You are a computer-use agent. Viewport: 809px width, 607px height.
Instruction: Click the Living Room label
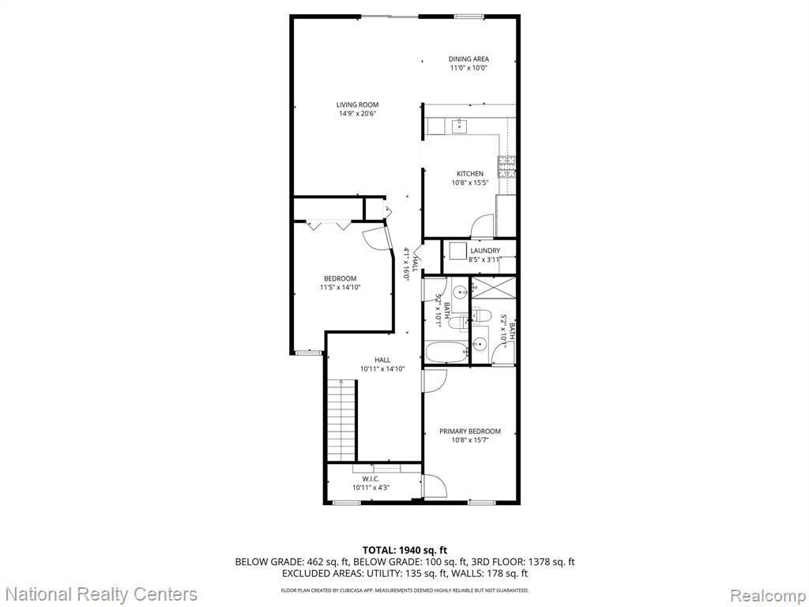coord(357,105)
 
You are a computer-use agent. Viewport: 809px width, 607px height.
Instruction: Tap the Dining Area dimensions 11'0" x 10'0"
coord(468,68)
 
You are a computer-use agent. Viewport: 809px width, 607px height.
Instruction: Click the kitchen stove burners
coord(506,167)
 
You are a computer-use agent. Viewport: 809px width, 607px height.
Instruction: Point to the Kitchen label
coord(470,174)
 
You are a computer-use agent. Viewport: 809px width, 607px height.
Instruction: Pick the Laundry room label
coord(485,251)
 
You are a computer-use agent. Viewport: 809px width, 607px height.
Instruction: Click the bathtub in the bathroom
coord(447,353)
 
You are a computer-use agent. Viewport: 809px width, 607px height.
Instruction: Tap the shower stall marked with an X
coord(495,288)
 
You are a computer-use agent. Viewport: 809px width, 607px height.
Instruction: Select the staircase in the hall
coord(342,420)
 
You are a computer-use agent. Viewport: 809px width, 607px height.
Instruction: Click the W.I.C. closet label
coord(371,479)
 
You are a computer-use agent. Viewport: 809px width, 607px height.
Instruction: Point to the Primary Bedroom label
coord(470,432)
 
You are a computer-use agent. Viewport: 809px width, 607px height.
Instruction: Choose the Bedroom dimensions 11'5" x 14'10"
coord(340,287)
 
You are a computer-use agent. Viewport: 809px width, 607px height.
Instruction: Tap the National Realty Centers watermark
coord(104,594)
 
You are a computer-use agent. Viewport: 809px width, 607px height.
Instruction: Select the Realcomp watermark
coord(766,594)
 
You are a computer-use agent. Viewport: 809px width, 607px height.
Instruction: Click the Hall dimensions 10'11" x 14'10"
coord(382,368)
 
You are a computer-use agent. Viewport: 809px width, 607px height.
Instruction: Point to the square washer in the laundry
coord(457,251)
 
